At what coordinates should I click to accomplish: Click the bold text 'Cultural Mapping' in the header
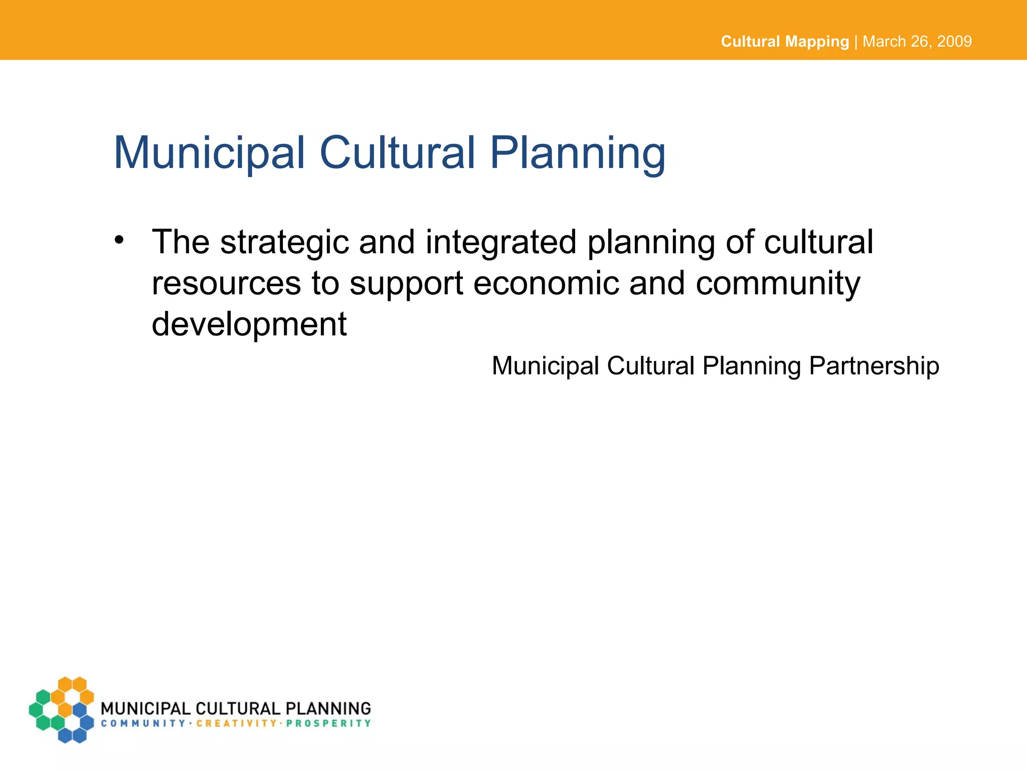pos(784,41)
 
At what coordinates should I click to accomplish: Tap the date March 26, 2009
pos(917,41)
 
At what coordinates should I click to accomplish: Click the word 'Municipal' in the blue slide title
pos(210,153)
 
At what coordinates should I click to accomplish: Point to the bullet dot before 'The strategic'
pos(118,240)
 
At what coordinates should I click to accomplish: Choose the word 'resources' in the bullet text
pos(226,284)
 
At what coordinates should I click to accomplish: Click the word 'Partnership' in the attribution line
pos(874,366)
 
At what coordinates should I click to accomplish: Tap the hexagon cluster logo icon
pos(62,709)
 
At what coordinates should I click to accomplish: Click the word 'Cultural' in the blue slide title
pos(397,153)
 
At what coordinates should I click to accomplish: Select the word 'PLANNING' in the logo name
pos(328,708)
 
